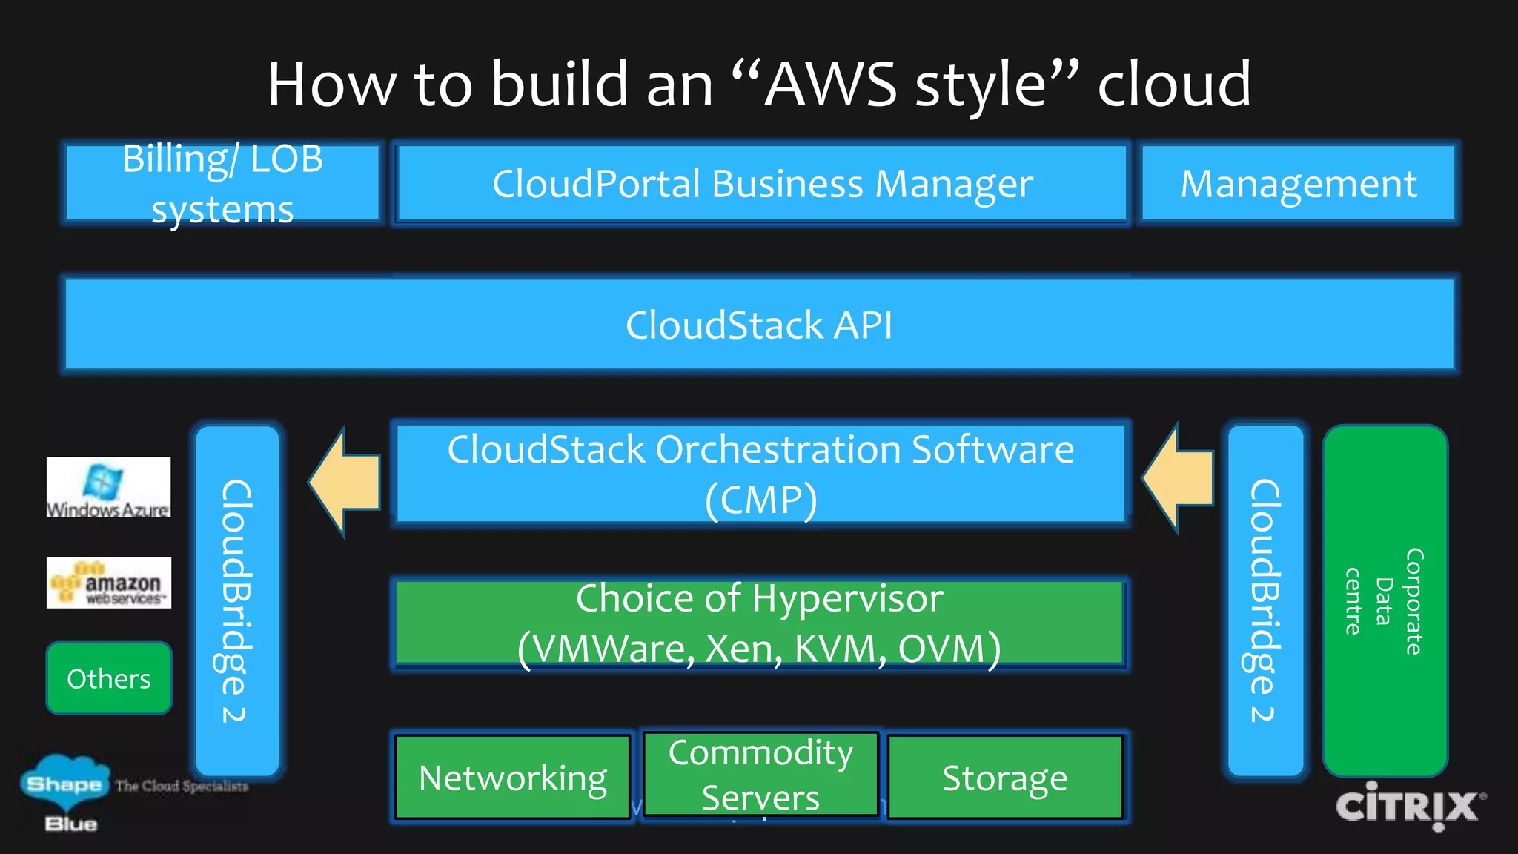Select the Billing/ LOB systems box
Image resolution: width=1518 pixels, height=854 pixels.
(222, 183)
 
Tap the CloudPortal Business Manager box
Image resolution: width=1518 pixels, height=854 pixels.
(761, 183)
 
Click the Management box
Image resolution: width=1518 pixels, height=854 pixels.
(1298, 183)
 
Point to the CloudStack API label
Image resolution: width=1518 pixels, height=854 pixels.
(759, 325)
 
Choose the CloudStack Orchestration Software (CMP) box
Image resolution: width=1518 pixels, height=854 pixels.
(760, 474)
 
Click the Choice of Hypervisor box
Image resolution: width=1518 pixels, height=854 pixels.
(759, 623)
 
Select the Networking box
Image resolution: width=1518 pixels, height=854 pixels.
(513, 777)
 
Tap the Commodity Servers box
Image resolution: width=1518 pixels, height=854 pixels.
(760, 774)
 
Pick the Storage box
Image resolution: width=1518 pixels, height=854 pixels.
(1004, 777)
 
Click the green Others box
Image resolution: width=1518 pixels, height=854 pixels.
(109, 678)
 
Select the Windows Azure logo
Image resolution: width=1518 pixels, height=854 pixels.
(108, 487)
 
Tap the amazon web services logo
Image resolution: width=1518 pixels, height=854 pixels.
(109, 583)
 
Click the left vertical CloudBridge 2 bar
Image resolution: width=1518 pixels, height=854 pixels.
(237, 600)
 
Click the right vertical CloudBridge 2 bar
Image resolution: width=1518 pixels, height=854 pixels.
(1265, 600)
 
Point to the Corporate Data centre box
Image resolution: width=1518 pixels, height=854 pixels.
(1385, 600)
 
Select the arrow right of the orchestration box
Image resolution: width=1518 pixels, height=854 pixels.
(1179, 479)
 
